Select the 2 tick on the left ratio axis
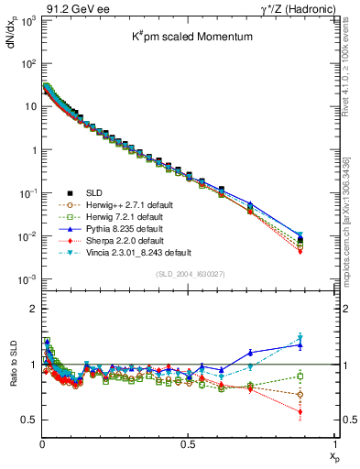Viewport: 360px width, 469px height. [31, 309]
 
